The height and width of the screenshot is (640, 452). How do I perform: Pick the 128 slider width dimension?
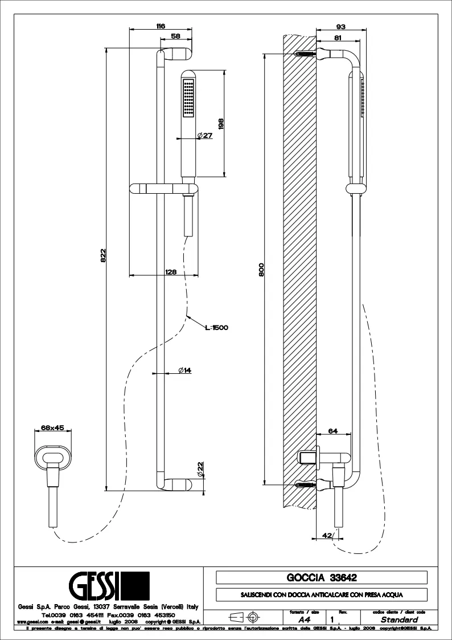click(x=171, y=272)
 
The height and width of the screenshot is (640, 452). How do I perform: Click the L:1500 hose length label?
click(x=217, y=327)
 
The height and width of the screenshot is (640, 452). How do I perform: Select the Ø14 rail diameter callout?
click(x=184, y=370)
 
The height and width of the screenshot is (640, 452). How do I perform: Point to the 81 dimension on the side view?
click(x=338, y=39)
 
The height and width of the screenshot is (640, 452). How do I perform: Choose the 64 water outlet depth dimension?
click(x=333, y=431)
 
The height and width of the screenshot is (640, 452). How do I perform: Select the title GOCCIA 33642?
click(x=322, y=577)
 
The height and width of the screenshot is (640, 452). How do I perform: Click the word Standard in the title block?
click(x=399, y=619)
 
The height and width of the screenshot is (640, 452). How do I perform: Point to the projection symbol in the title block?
click(x=243, y=617)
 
